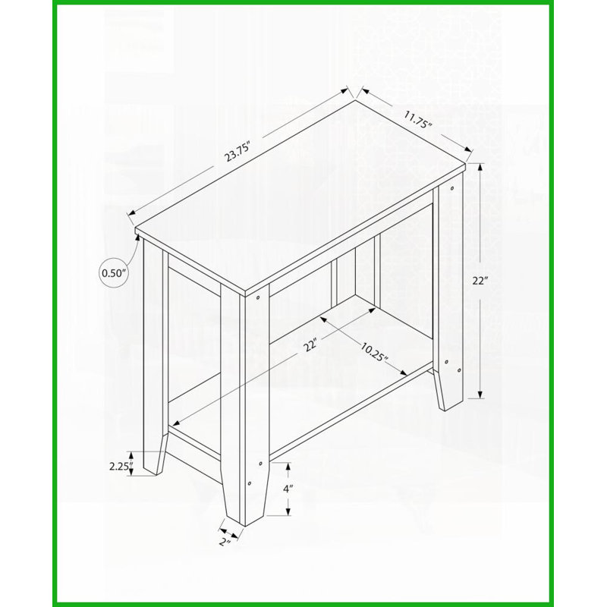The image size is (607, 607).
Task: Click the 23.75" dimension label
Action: [238, 152]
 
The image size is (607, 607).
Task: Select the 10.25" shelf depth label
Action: [374, 351]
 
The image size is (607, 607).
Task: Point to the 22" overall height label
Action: [479, 281]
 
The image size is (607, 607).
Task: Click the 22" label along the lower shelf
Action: [311, 344]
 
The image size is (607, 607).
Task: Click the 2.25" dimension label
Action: [121, 466]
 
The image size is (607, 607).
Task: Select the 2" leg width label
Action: [225, 542]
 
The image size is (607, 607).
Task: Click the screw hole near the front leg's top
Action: [257, 298]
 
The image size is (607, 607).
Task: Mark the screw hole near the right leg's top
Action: [451, 188]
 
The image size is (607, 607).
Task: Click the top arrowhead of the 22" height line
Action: [480, 168]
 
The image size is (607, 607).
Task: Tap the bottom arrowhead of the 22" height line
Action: [480, 394]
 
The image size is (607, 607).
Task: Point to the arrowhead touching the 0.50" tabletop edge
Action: [137, 237]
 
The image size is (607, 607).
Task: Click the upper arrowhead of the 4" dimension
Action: [288, 467]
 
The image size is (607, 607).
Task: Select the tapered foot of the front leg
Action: [247, 498]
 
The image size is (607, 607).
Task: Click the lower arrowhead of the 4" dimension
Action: [288, 511]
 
